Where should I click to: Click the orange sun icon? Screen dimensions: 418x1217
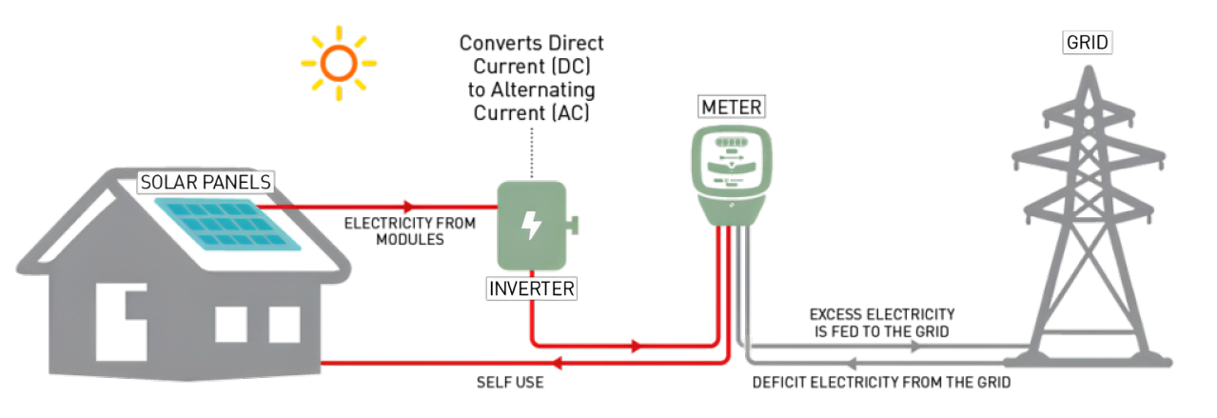[338, 64]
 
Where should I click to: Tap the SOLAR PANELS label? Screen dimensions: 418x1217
[206, 182]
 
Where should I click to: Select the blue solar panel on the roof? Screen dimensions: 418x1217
[228, 224]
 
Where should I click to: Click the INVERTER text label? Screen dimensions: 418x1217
[532, 289]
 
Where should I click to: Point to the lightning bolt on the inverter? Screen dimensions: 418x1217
[532, 226]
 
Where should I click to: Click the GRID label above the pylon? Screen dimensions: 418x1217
[1088, 43]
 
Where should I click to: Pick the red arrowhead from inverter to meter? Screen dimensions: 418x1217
[638, 346]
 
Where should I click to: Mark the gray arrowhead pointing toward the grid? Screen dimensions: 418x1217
[915, 347]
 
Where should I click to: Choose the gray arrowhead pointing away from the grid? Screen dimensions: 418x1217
[853, 363]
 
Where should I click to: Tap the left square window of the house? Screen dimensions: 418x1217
[230, 325]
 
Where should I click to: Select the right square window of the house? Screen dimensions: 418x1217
[284, 325]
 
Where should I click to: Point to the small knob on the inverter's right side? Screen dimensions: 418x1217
[575, 226]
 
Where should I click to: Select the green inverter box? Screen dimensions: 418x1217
[532, 226]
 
